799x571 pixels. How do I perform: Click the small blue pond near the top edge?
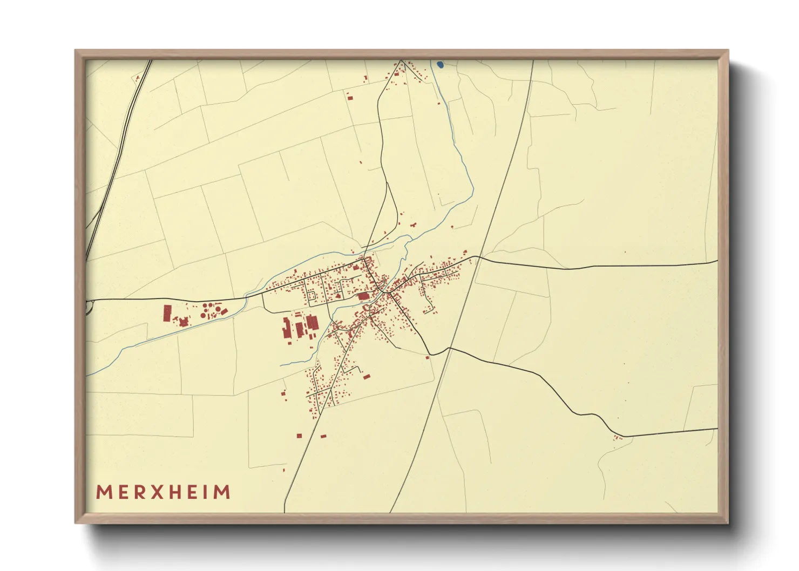pyautogui.click(x=440, y=65)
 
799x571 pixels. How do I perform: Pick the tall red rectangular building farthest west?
pyautogui.click(x=167, y=313)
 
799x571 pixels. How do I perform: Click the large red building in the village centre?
pyautogui.click(x=364, y=296)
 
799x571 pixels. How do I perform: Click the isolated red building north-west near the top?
pyautogui.click(x=350, y=98)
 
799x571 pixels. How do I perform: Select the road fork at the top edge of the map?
pyautogui.click(x=401, y=60)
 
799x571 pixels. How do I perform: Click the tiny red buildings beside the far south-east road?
pyautogui.click(x=618, y=438)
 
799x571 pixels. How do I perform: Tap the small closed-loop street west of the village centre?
pyautogui.click(x=312, y=296)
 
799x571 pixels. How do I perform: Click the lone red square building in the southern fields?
pyautogui.click(x=299, y=435)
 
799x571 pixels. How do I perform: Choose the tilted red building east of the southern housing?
pyautogui.click(x=367, y=376)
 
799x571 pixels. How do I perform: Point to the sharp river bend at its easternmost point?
pyautogui.click(x=473, y=189)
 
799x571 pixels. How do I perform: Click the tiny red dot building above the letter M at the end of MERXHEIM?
pyautogui.click(x=283, y=470)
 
